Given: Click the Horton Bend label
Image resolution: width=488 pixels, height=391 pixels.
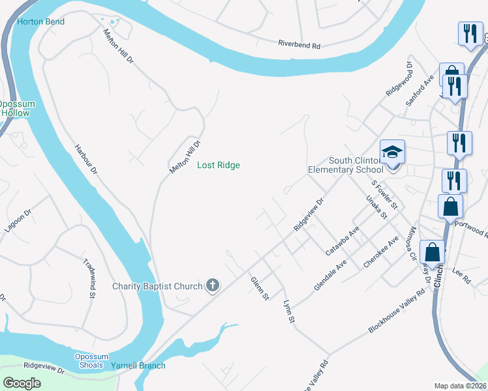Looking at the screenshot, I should (x=40, y=22).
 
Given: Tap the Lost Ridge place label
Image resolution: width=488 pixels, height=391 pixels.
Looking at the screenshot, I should (x=219, y=166).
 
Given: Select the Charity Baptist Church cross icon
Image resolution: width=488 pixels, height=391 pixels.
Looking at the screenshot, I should (x=212, y=285).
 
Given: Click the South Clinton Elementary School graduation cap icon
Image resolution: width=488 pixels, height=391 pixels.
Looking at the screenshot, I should (x=393, y=152).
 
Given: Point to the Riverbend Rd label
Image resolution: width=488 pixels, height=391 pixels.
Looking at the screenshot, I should (x=299, y=46).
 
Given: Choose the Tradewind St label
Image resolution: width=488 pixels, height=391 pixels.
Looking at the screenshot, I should (x=90, y=278).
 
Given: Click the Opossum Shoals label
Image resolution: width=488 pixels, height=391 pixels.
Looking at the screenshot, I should (x=89, y=360).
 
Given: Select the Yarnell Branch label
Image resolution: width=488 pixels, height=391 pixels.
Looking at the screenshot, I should (x=138, y=366).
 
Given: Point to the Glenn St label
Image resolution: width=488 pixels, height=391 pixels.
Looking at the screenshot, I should (x=260, y=288).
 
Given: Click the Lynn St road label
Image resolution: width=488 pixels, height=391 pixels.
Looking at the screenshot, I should (x=289, y=311).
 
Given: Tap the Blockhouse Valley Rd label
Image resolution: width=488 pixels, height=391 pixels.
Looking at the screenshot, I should (x=396, y=311).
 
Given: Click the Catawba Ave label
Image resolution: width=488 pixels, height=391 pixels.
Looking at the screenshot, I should (x=343, y=241).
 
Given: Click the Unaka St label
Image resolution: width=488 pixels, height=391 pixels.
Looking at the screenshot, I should (x=377, y=206).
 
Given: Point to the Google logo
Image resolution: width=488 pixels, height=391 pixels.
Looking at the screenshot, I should (x=22, y=383).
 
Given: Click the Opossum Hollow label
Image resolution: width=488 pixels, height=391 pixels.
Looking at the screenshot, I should (x=14, y=109).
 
